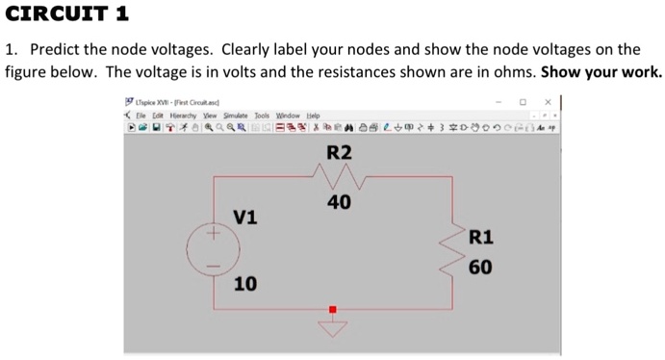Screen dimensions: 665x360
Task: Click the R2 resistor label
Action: point(340,152)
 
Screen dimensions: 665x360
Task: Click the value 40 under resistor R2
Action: point(339,202)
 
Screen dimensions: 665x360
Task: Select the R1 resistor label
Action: point(481,238)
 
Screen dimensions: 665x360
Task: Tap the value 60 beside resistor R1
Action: point(481,267)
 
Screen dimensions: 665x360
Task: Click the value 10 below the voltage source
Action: point(245,283)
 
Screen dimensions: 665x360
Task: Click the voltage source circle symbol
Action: point(213,249)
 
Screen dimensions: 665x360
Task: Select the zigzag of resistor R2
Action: point(333,177)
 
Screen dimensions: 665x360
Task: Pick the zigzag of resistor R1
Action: point(452,252)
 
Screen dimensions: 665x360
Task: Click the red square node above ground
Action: point(333,310)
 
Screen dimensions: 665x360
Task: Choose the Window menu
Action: point(287,116)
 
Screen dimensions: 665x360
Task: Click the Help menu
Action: point(313,116)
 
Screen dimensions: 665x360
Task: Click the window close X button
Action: point(548,101)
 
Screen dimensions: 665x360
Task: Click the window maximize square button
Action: point(523,101)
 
